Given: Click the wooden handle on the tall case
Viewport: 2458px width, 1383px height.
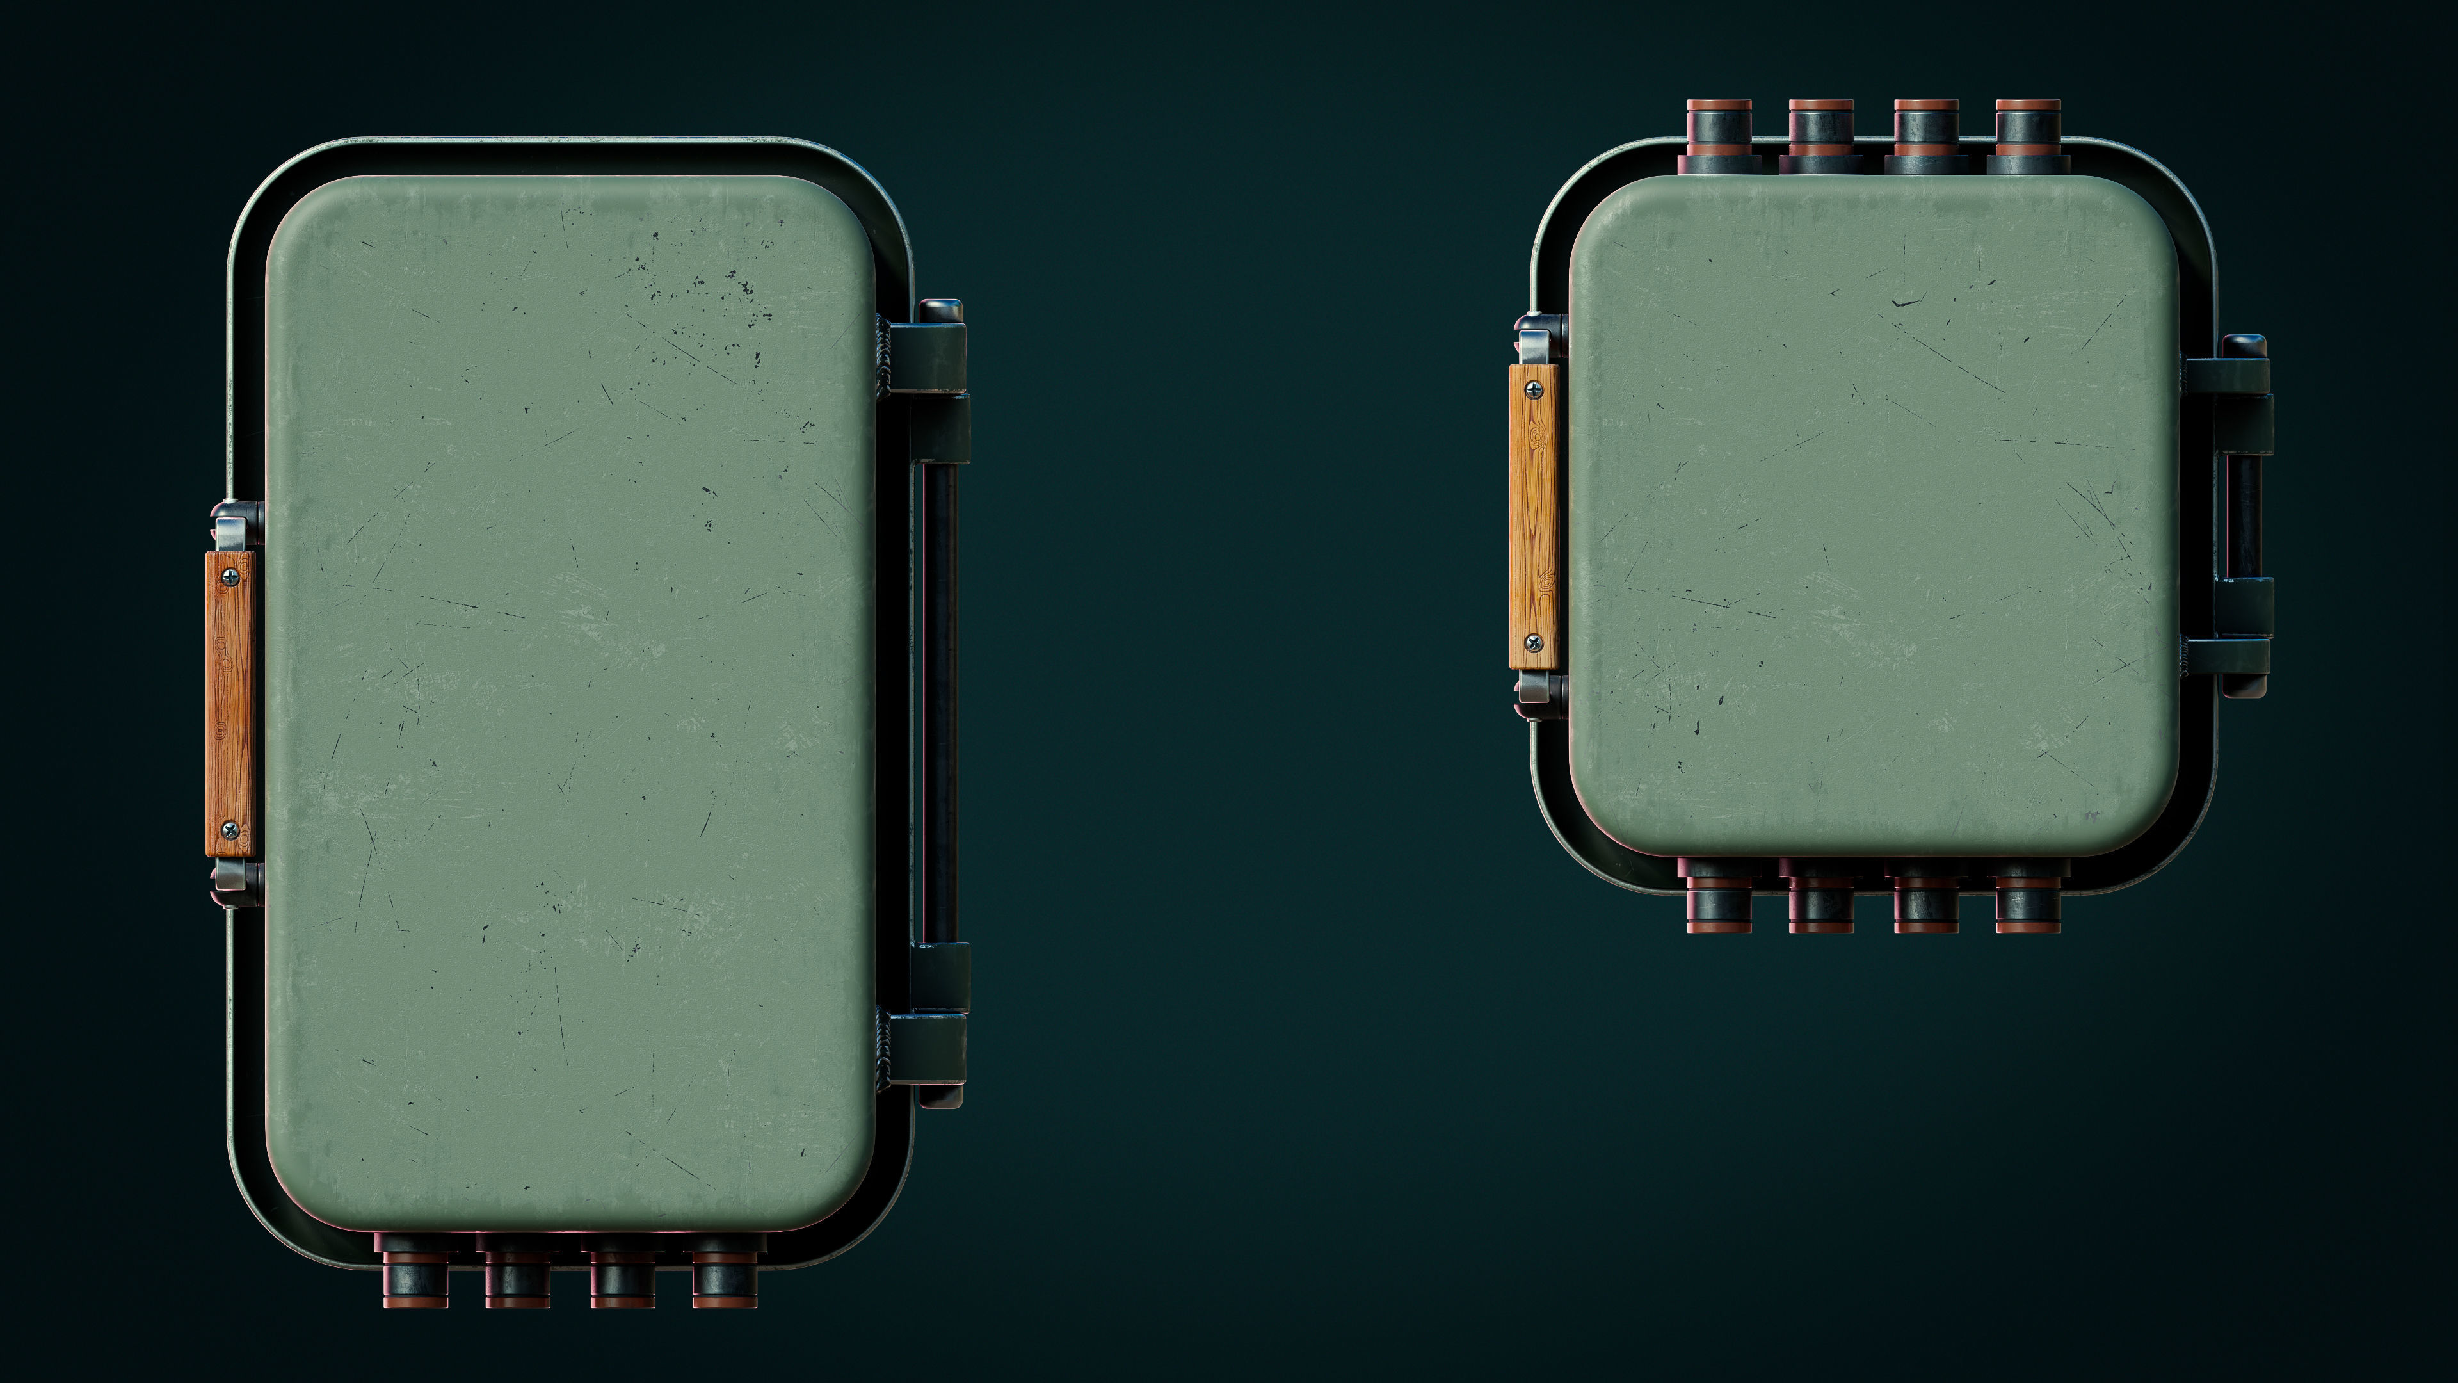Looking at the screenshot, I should point(230,704).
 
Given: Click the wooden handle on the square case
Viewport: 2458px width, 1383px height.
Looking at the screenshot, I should point(1534,516).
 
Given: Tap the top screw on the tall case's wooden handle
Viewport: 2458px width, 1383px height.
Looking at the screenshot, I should point(230,576).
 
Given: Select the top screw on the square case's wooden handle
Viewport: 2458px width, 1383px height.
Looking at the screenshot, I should point(1534,389).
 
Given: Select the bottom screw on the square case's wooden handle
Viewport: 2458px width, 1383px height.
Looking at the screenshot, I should point(1534,642).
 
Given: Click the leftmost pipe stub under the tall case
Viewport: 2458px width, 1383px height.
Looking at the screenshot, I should point(414,1274).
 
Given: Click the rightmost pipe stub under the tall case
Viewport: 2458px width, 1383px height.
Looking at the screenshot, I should point(724,1274).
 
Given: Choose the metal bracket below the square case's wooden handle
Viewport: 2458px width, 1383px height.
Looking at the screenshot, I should point(1538,688).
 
